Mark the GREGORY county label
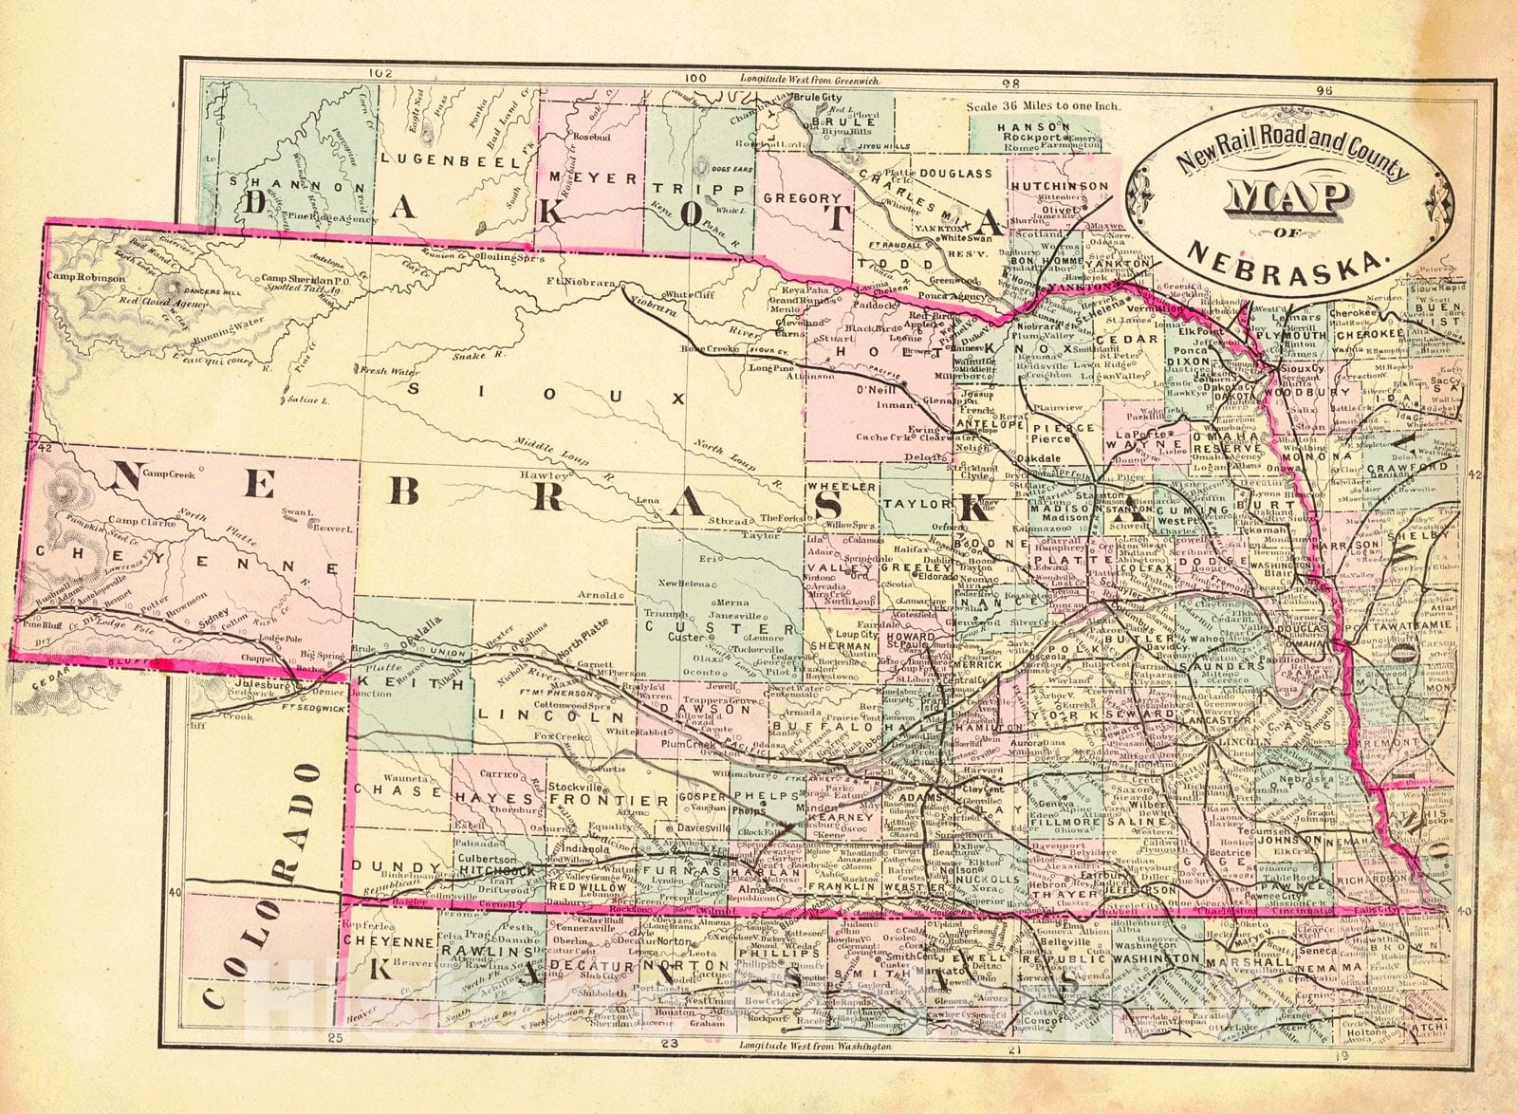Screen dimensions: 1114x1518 803,199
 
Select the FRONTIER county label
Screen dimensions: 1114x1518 609,801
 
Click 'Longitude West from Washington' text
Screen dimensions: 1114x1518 814,1045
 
